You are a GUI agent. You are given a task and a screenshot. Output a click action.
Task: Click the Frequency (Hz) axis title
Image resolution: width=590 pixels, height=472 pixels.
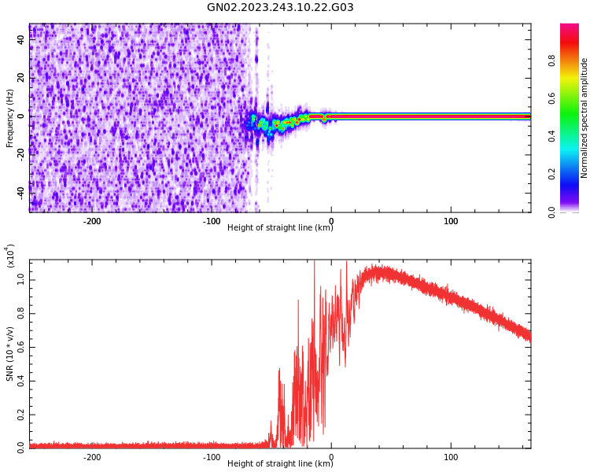pos(9,118)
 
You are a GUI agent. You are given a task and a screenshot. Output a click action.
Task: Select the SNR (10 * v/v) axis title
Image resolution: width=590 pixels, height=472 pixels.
pos(9,354)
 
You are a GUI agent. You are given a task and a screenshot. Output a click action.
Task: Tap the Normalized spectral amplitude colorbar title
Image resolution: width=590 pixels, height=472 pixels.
pos(584,118)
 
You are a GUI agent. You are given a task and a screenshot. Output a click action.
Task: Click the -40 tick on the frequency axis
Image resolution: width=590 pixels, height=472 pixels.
pos(20,192)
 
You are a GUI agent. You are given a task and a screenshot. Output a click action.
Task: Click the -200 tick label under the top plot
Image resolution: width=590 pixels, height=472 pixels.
pos(91,220)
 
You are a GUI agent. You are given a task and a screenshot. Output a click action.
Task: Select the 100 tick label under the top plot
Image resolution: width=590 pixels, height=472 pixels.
pos(451,220)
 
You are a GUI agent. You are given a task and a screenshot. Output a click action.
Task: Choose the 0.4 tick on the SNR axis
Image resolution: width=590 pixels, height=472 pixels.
pos(20,381)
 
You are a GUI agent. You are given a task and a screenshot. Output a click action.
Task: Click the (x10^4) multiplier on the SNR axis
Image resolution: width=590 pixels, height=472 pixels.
pos(9,256)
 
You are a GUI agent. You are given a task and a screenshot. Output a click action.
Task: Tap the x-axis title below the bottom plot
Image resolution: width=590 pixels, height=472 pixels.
pos(280,464)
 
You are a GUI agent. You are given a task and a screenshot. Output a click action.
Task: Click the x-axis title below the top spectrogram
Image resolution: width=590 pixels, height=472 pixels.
pos(280,228)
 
